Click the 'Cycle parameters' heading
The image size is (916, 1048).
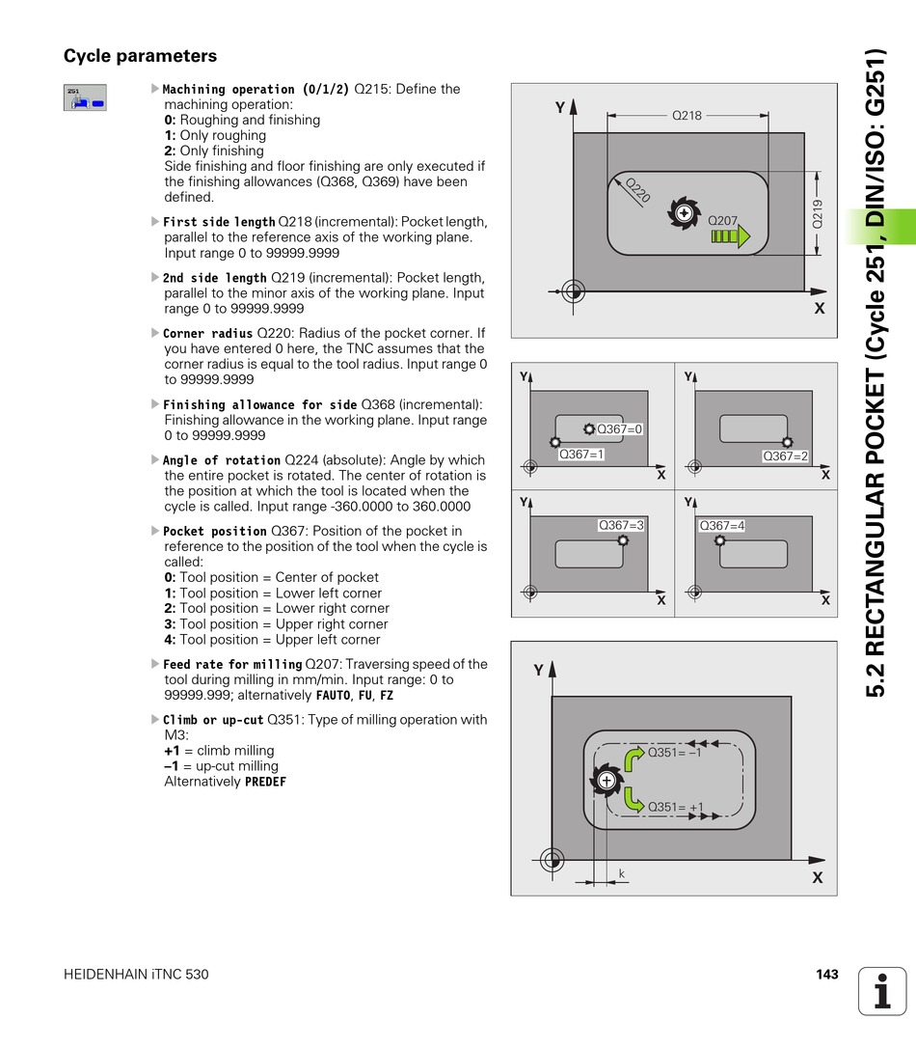(140, 56)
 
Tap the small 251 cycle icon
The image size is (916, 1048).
(85, 97)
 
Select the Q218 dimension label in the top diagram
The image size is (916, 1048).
(687, 115)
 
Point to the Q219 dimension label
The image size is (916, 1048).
(819, 213)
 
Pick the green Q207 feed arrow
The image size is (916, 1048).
(730, 236)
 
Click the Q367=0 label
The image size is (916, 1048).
(619, 428)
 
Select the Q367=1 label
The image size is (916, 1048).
(581, 455)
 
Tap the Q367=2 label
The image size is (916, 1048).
(785, 455)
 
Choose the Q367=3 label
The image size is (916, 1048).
(621, 525)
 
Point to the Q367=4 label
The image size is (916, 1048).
(722, 525)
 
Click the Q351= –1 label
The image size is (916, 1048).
(674, 753)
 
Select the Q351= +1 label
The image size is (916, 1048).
(675, 807)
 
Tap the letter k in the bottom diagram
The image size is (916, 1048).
(622, 873)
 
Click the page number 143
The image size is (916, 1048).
(826, 975)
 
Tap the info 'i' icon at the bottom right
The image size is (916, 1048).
(882, 990)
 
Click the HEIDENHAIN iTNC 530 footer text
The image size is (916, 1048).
(136, 975)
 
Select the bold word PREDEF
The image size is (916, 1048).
(265, 782)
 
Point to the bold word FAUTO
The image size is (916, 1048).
(334, 695)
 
